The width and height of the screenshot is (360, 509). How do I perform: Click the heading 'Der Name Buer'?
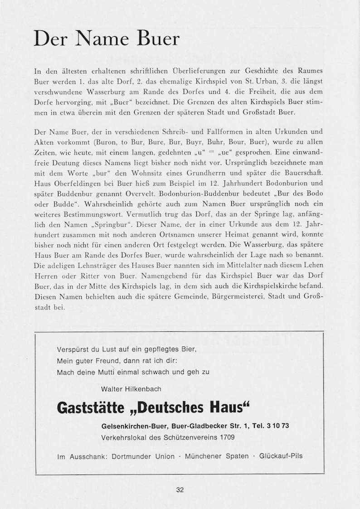pos(107,39)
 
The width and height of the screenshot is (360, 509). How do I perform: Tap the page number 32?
pos(180,490)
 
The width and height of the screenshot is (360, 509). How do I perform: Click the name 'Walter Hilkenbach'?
pos(131,388)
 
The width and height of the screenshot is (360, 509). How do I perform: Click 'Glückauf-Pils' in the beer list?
pos(281,456)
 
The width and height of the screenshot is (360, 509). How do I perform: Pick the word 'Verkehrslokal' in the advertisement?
pos(123,437)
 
